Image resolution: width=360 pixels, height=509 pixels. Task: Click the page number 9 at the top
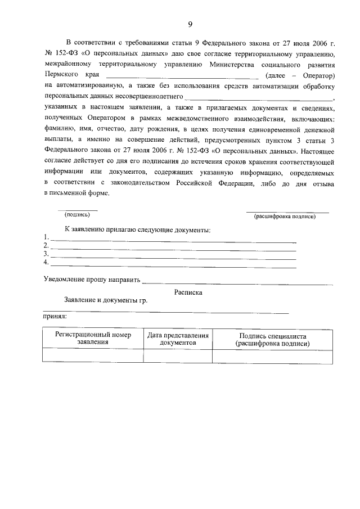tap(190, 23)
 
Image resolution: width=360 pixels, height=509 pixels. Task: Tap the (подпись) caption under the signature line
tap(78, 214)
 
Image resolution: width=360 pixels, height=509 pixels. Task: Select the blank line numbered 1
tap(173, 241)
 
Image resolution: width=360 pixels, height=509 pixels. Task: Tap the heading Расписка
tap(188, 292)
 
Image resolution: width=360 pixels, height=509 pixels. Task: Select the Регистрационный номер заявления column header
tap(93, 338)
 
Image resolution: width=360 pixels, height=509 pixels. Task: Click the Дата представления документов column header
tap(178, 338)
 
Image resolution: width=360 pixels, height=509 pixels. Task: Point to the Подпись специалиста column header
tap(272, 339)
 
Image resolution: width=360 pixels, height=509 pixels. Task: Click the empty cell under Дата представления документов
tap(178, 355)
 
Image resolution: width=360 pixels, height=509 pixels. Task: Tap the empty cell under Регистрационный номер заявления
tap(93, 355)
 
